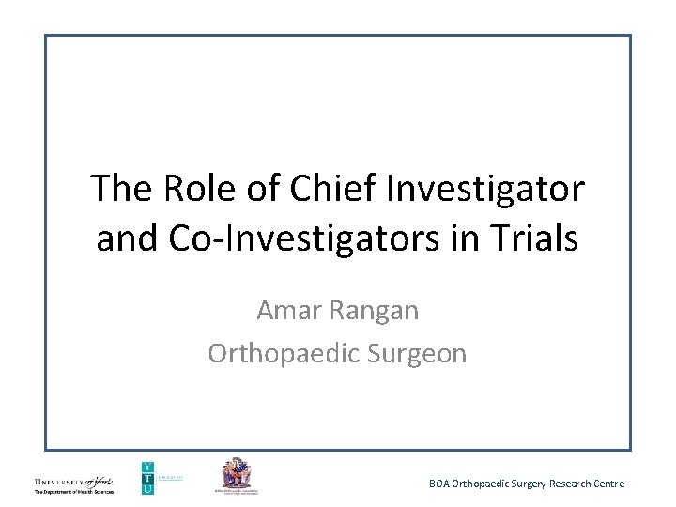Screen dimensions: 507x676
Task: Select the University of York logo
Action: [73, 481]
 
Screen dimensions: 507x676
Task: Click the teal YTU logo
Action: [147, 477]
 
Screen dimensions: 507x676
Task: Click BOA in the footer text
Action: [439, 484]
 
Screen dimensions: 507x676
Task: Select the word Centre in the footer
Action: [607, 484]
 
